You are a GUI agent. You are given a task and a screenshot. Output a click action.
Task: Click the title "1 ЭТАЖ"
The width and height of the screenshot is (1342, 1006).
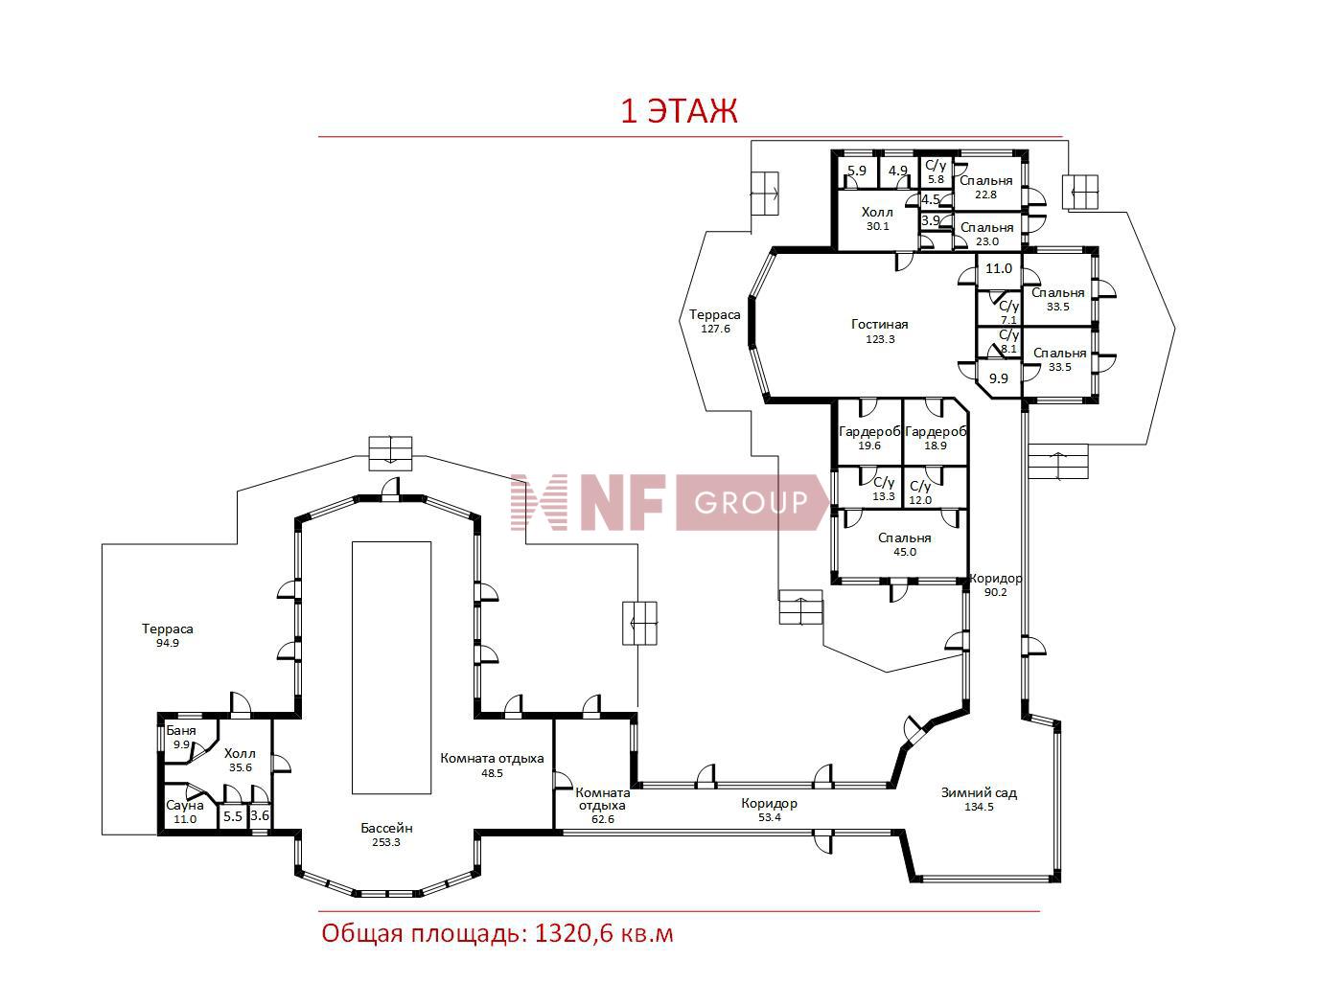[679, 110]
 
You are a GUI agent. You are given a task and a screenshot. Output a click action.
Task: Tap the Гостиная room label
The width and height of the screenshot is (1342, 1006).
[879, 332]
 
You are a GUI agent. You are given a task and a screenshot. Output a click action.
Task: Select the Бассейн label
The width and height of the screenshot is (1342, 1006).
[386, 835]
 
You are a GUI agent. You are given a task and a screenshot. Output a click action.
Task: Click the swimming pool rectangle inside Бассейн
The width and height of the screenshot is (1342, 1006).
[391, 667]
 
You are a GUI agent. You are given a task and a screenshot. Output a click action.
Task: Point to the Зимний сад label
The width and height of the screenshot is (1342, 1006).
[979, 799]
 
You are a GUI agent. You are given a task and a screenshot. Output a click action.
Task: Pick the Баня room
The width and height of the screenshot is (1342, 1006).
[183, 741]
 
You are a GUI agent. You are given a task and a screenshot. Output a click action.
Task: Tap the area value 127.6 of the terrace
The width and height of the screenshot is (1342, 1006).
[715, 329]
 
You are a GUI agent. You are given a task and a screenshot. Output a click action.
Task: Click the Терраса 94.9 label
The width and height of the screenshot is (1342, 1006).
[167, 634]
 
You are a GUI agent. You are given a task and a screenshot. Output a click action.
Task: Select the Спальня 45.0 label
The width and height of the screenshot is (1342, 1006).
[904, 543]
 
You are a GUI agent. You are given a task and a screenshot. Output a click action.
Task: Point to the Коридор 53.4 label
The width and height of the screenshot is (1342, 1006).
[769, 810]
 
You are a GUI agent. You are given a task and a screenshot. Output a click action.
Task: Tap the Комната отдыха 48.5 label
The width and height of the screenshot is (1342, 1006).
[492, 765]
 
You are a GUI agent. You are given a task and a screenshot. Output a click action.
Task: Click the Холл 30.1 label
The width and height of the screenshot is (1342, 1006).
[877, 218]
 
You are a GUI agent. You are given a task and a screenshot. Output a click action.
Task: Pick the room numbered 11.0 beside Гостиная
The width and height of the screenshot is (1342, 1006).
[999, 269]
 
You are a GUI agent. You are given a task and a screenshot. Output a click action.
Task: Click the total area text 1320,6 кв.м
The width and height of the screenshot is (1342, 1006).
[604, 934]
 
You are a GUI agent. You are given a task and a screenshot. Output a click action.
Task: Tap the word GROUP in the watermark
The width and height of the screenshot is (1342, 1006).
[751, 502]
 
